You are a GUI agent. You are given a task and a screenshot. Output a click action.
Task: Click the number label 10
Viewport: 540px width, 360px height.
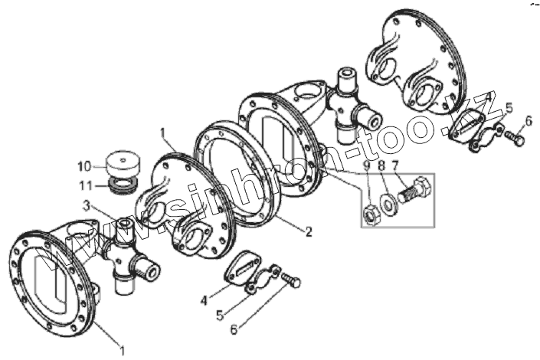pyautogui.click(x=83, y=165)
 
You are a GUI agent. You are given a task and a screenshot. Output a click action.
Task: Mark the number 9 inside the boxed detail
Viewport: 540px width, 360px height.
pyautogui.click(x=367, y=166)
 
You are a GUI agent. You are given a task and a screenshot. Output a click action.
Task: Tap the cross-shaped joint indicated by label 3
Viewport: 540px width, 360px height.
pyautogui.click(x=127, y=253)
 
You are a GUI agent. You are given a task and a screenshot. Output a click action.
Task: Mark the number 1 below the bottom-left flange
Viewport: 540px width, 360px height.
pyautogui.click(x=121, y=351)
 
